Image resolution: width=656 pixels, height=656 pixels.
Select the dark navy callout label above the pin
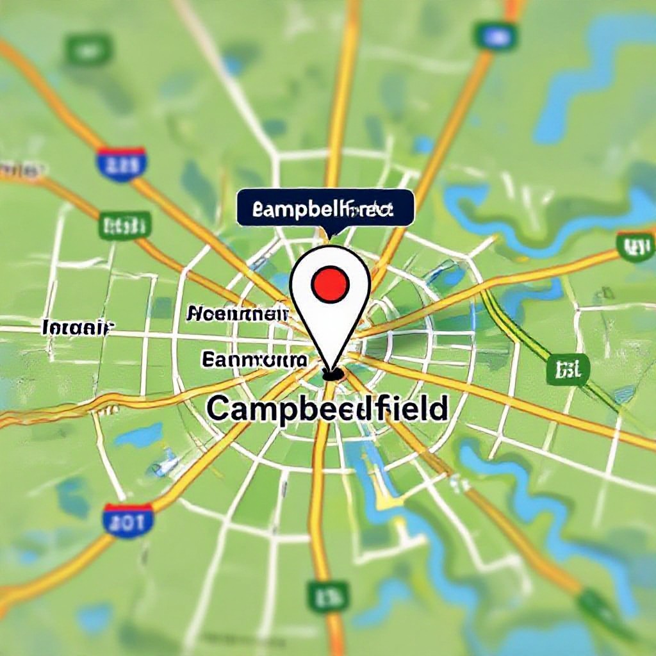coord(325,208)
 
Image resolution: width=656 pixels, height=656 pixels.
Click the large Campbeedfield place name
coord(327,408)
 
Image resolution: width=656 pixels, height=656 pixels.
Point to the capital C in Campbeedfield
coord(219,408)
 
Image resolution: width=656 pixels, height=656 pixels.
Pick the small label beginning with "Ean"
coord(254,359)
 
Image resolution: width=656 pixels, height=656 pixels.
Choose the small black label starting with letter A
coord(237,313)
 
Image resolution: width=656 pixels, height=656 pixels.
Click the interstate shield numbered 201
coord(129,520)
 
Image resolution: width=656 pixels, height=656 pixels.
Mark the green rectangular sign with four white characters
coord(125,225)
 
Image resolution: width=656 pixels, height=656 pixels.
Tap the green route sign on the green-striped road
coord(568,370)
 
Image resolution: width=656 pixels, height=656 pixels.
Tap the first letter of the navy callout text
coord(258,209)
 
